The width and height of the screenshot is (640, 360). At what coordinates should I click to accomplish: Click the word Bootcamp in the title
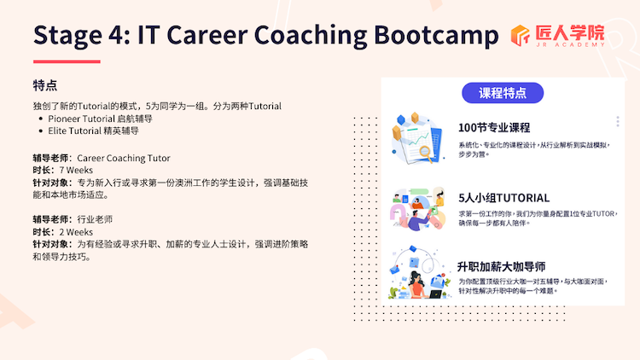436,35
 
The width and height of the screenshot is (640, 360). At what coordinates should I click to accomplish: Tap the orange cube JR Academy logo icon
520,35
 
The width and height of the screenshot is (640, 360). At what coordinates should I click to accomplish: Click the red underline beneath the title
67,61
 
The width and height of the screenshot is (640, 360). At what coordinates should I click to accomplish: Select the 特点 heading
45,85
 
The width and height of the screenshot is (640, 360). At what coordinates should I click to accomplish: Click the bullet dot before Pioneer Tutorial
40,119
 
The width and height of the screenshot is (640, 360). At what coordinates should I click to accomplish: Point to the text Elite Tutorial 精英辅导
94,131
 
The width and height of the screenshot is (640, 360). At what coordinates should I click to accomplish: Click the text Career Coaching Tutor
124,158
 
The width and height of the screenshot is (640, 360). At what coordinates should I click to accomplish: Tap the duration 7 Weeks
76,171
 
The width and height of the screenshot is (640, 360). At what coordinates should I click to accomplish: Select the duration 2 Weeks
76,232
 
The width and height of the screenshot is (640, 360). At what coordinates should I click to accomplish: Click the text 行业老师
95,219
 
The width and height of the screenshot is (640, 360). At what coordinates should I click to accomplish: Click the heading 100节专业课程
494,128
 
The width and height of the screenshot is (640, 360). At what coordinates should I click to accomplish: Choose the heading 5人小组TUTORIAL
503,198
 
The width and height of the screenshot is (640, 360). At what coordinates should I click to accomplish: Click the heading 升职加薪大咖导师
501,267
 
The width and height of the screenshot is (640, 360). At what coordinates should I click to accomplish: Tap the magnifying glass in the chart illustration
425,154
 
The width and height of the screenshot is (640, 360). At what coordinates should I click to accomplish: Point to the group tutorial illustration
417,208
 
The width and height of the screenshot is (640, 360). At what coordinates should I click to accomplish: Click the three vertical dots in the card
618,121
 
